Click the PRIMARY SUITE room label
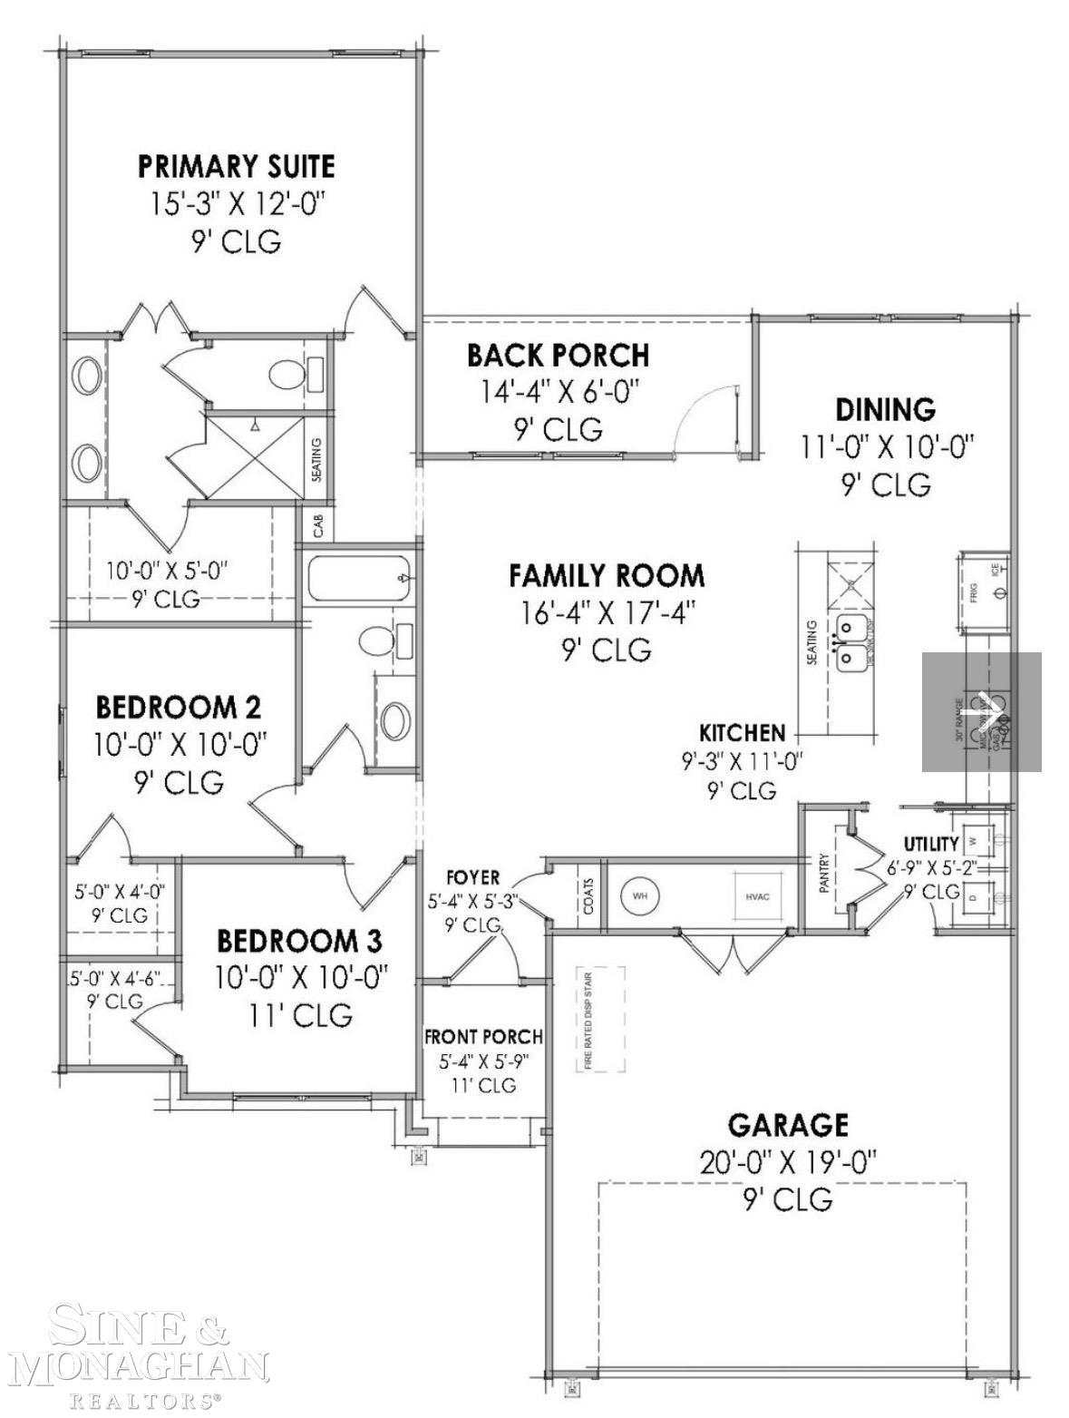236,167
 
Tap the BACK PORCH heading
558,355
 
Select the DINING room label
885,410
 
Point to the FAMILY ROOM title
606,575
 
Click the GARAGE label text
788,1125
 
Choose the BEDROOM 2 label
179,706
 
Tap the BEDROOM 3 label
299,939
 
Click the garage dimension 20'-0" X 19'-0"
788,1162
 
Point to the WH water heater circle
640,896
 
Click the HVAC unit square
757,896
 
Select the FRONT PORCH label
483,1036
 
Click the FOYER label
472,878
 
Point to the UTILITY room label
930,844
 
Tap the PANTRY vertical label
824,873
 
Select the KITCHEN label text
742,732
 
